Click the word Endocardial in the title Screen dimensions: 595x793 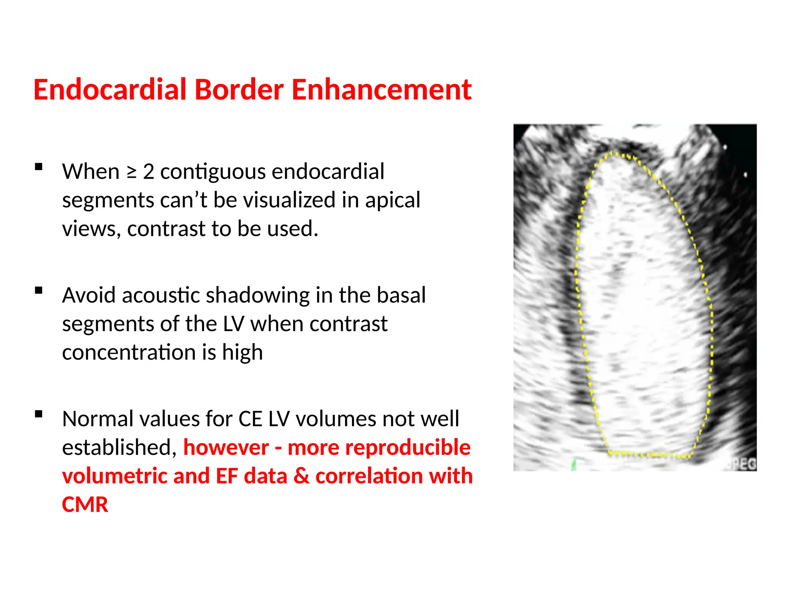tap(110, 89)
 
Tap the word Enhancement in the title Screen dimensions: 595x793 tap(381, 89)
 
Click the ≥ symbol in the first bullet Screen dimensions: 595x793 tap(132, 172)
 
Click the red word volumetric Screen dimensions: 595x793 tap(115, 476)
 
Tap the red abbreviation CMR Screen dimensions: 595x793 tap(85, 504)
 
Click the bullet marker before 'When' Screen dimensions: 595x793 tap(38, 167)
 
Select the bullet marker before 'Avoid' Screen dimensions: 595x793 tap(38, 291)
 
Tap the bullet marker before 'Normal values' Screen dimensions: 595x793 tap(38, 414)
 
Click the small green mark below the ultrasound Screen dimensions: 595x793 tap(574, 464)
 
